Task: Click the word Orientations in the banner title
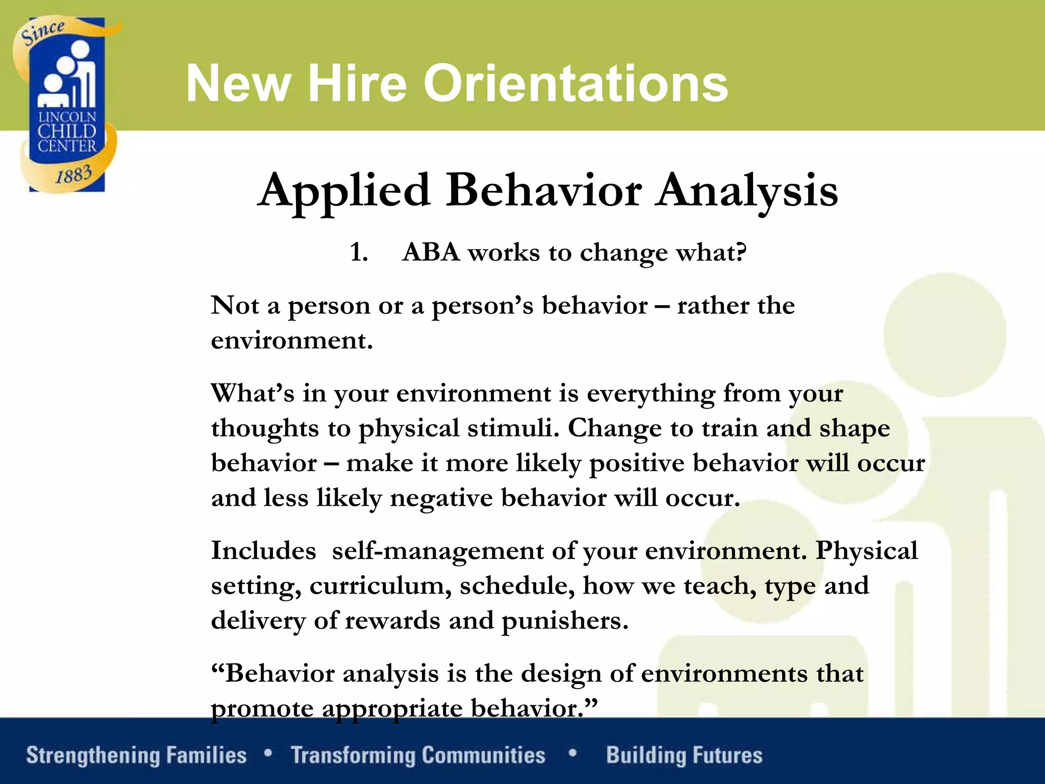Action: pos(576,84)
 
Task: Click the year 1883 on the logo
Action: pos(73,175)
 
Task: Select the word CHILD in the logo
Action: pos(67,132)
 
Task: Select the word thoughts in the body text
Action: pos(265,428)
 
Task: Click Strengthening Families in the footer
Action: pos(136,755)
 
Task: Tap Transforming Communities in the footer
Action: pos(418,755)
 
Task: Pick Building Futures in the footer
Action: pos(684,755)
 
